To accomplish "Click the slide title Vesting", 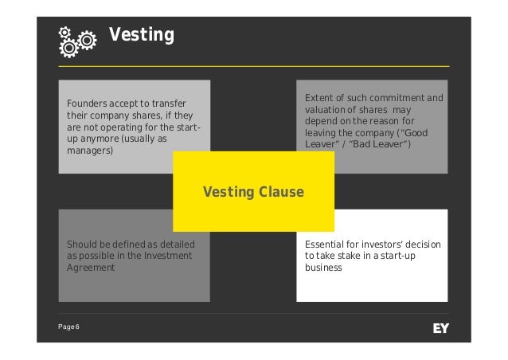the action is click(x=141, y=36).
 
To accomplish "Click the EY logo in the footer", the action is click(x=440, y=327).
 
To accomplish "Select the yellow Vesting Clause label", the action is click(x=253, y=192).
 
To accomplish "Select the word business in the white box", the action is click(x=323, y=268).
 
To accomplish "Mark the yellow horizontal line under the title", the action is click(x=254, y=65).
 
